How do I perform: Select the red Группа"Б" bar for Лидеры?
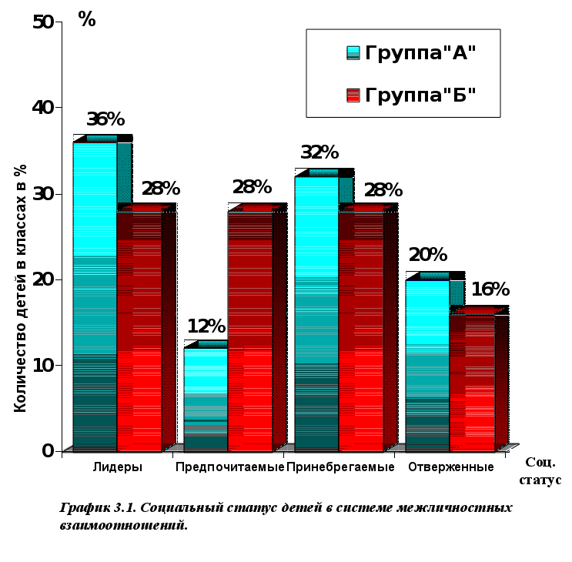tap(139, 331)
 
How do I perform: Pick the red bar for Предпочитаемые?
tap(250, 331)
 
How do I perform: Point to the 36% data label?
tap(105, 119)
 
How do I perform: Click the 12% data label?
tap(206, 326)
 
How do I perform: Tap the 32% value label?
tap(319, 152)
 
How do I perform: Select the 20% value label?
tap(427, 255)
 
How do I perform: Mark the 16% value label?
tap(490, 289)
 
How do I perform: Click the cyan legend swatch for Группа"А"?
tap(353, 52)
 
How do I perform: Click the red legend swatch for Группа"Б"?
tap(353, 95)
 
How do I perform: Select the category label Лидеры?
tap(117, 467)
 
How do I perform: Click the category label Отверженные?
tap(450, 467)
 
